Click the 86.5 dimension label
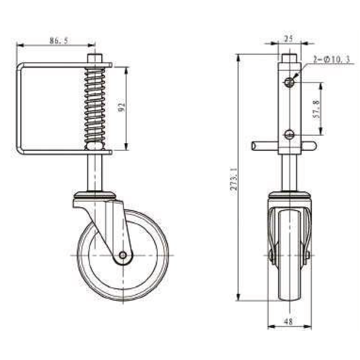click(58, 40)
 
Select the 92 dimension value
click(122, 108)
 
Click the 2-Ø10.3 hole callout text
click(331, 60)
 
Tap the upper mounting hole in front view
click(289, 83)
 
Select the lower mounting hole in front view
click(289, 134)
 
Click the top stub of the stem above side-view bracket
click(94, 57)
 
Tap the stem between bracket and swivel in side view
click(94, 172)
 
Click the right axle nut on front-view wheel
click(307, 255)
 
